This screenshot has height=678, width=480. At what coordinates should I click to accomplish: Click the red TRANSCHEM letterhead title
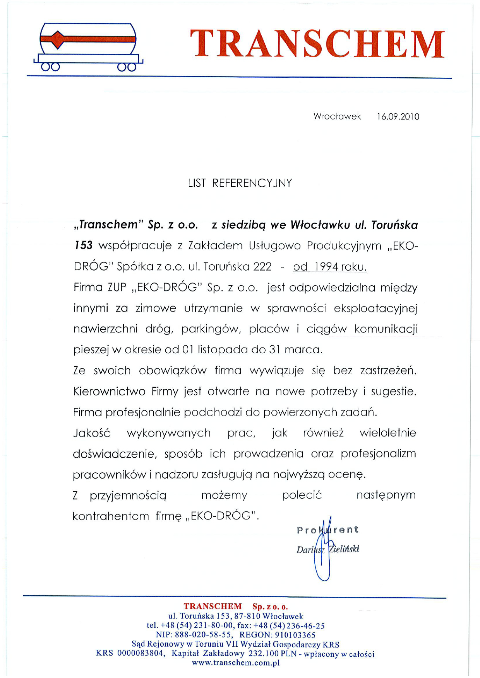tap(317, 43)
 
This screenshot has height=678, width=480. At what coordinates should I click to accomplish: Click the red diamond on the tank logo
tap(57, 39)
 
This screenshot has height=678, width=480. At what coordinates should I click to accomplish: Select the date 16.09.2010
tap(398, 117)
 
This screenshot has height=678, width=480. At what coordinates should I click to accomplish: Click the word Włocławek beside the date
tap(337, 117)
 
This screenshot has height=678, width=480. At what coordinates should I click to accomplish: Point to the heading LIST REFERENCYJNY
tap(240, 183)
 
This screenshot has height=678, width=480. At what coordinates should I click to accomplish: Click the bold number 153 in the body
tap(83, 245)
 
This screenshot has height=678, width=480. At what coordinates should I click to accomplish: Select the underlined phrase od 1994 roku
tap(330, 267)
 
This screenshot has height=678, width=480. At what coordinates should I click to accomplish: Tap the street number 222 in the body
tap(262, 267)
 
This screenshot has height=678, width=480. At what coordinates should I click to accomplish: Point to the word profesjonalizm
tap(378, 454)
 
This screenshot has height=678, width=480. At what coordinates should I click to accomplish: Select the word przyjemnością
tap(128, 496)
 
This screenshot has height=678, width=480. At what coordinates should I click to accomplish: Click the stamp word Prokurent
tap(327, 530)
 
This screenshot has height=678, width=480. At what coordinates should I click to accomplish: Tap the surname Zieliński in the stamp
tap(344, 549)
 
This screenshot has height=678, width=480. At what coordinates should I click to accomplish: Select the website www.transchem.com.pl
tap(235, 663)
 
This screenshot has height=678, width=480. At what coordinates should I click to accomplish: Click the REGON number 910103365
tap(295, 635)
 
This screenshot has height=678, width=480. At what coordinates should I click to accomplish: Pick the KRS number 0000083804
tap(141, 654)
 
